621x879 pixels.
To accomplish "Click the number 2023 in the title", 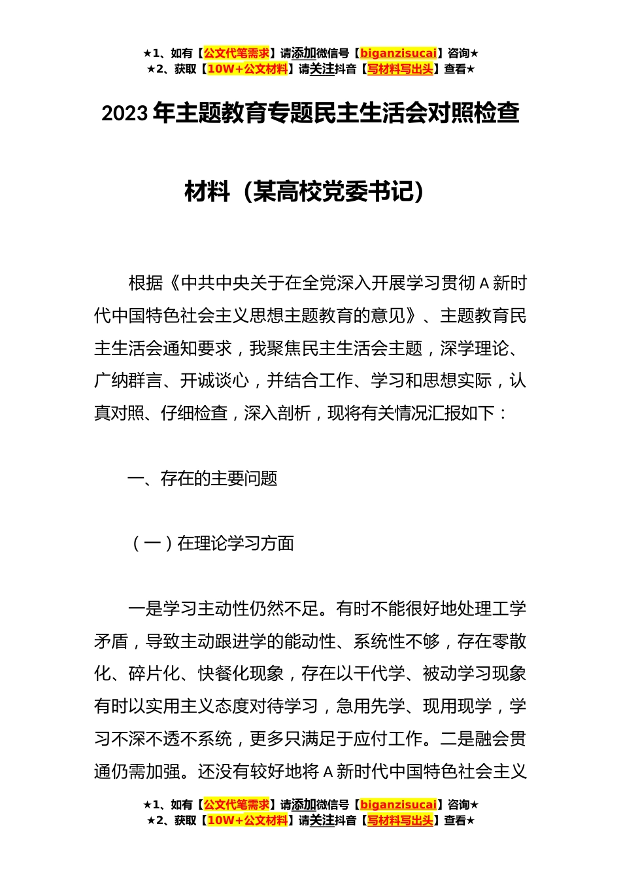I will coord(125,114).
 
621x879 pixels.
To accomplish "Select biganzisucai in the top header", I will coord(398,53).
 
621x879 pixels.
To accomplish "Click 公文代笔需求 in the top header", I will coord(237,53).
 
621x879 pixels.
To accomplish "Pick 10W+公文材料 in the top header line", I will coord(247,69).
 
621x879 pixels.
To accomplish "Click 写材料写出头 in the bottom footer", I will coord(400,820).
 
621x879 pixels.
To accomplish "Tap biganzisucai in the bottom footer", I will coord(398,804).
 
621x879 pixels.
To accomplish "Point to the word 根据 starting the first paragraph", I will coord(145,283).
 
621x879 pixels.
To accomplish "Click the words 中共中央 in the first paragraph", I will coord(215,283).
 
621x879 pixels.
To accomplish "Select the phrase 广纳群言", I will coord(128,381).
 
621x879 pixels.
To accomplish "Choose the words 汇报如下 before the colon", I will coord(463,413).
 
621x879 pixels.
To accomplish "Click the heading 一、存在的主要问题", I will coord(203,479).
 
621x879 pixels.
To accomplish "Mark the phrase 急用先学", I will coord(370,706).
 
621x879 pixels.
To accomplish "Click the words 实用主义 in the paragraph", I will coord(180,706).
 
